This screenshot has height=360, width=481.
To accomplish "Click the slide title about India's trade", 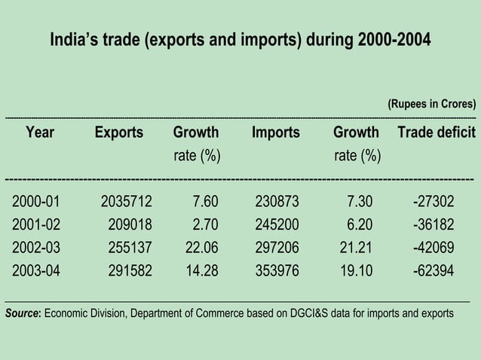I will pyautogui.click(x=240, y=39).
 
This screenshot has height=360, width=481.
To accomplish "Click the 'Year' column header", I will pyautogui.click(x=40, y=133).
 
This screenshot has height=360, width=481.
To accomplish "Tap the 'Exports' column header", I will pyautogui.click(x=118, y=133).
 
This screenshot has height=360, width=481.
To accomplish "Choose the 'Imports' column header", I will pyautogui.click(x=275, y=133).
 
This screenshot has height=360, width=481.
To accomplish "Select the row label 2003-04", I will pyautogui.click(x=39, y=271).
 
